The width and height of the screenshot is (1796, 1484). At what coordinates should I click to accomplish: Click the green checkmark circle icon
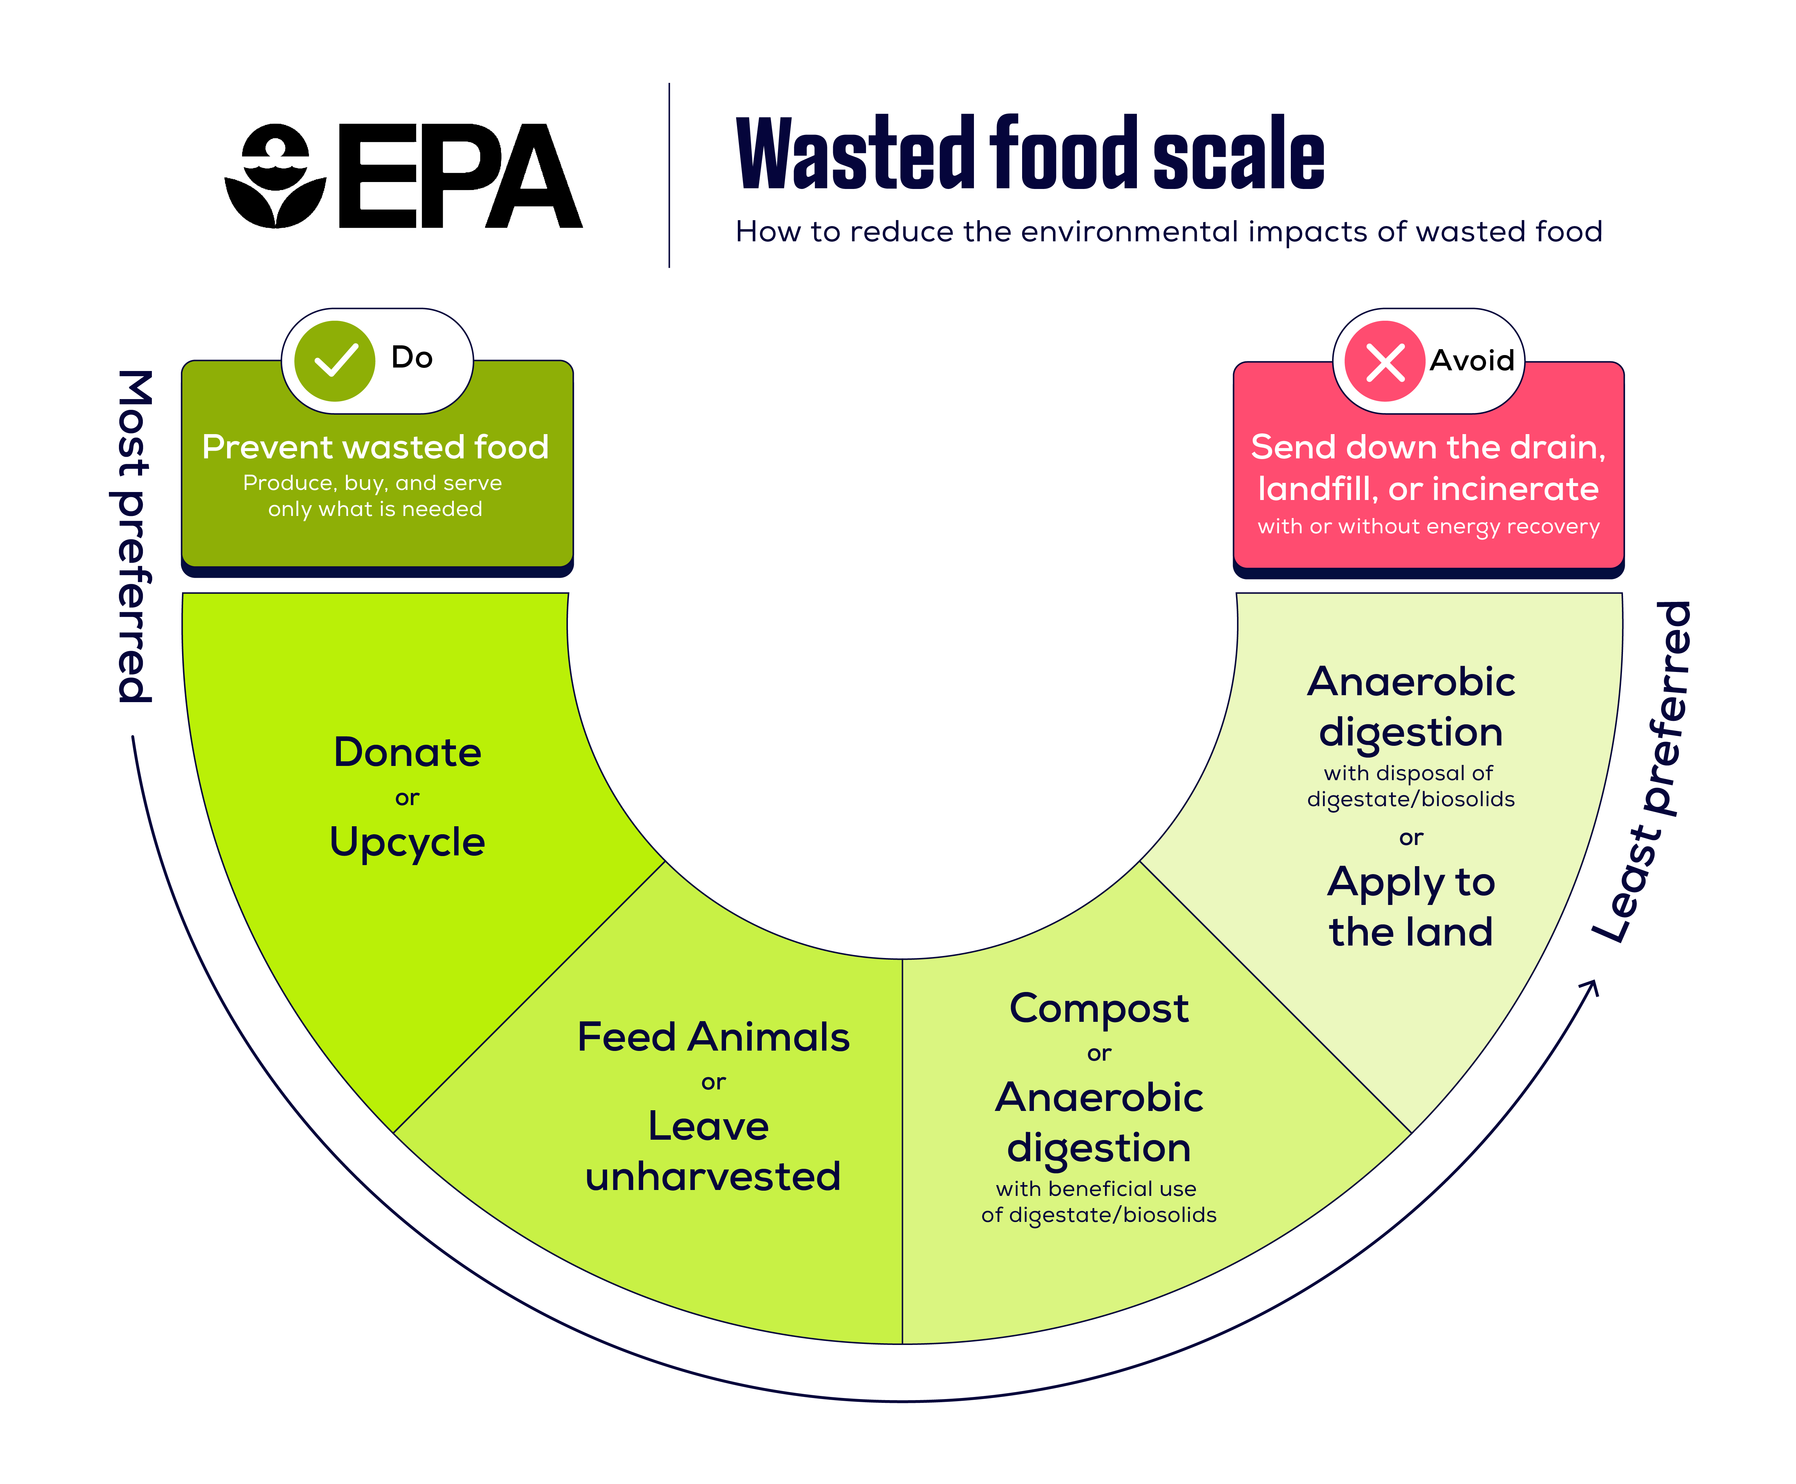point(334,361)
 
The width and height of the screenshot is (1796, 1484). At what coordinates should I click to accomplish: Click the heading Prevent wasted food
point(375,447)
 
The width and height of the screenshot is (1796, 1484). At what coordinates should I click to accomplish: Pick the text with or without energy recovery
point(1427,527)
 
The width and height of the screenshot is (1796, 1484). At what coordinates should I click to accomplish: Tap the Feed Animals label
point(713,1037)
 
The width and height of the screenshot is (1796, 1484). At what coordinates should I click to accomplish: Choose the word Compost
point(1098,1009)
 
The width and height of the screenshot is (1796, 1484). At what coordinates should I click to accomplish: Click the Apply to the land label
point(1410,906)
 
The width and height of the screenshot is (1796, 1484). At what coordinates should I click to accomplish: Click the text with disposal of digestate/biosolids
point(1410,786)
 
